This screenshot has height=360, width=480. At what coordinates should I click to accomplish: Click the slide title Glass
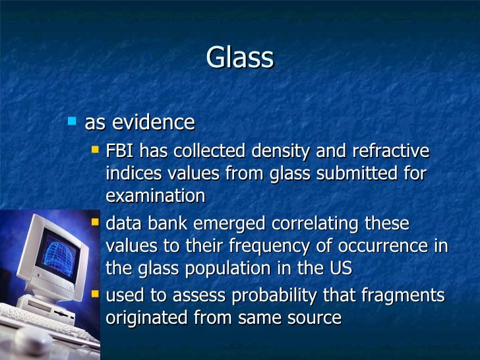click(x=239, y=58)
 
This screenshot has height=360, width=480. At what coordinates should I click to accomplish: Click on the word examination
click(x=155, y=196)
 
